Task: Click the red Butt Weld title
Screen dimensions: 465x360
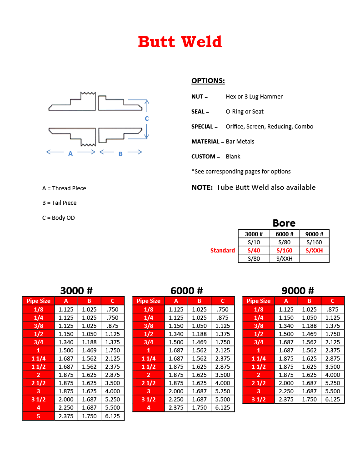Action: (x=180, y=42)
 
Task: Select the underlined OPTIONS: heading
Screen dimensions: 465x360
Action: (x=208, y=81)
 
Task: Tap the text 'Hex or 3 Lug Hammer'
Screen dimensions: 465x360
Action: (x=254, y=97)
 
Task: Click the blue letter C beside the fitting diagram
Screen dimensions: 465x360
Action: (x=147, y=119)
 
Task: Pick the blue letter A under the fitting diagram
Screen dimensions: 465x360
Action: (x=70, y=154)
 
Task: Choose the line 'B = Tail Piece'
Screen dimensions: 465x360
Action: (x=60, y=203)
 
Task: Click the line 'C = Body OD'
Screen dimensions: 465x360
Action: (x=59, y=218)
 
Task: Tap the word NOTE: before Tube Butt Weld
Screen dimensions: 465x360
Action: (x=202, y=188)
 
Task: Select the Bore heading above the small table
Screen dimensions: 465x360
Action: (x=284, y=223)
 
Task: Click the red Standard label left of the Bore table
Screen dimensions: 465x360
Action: (x=223, y=251)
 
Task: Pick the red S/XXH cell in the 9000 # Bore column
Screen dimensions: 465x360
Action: (x=314, y=251)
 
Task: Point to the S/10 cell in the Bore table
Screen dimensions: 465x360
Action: (x=254, y=242)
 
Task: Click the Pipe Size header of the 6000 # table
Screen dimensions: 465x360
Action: (x=149, y=301)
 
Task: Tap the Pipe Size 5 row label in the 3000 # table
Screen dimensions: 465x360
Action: (x=39, y=416)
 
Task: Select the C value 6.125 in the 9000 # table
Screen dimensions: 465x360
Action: (x=333, y=400)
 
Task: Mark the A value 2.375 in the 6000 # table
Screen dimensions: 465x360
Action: (x=176, y=408)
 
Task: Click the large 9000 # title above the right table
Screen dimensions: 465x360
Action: (x=298, y=291)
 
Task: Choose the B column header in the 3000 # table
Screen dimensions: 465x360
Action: (x=90, y=301)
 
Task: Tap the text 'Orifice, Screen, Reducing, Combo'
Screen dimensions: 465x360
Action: (x=270, y=127)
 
